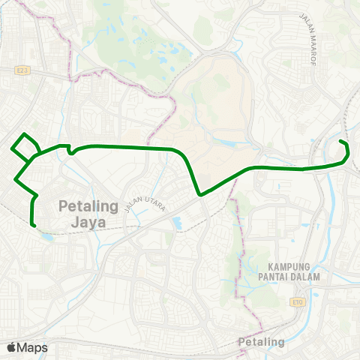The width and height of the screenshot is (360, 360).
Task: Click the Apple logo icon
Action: pos(11,348)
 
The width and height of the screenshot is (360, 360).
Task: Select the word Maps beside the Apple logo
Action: pos(32,348)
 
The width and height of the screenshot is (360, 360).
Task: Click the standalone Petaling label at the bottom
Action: pos(261,342)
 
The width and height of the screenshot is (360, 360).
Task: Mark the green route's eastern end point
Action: pos(340,141)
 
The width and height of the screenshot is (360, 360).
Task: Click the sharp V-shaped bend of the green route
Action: pos(200,195)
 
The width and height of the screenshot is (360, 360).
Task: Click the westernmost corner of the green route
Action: pos(10,147)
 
